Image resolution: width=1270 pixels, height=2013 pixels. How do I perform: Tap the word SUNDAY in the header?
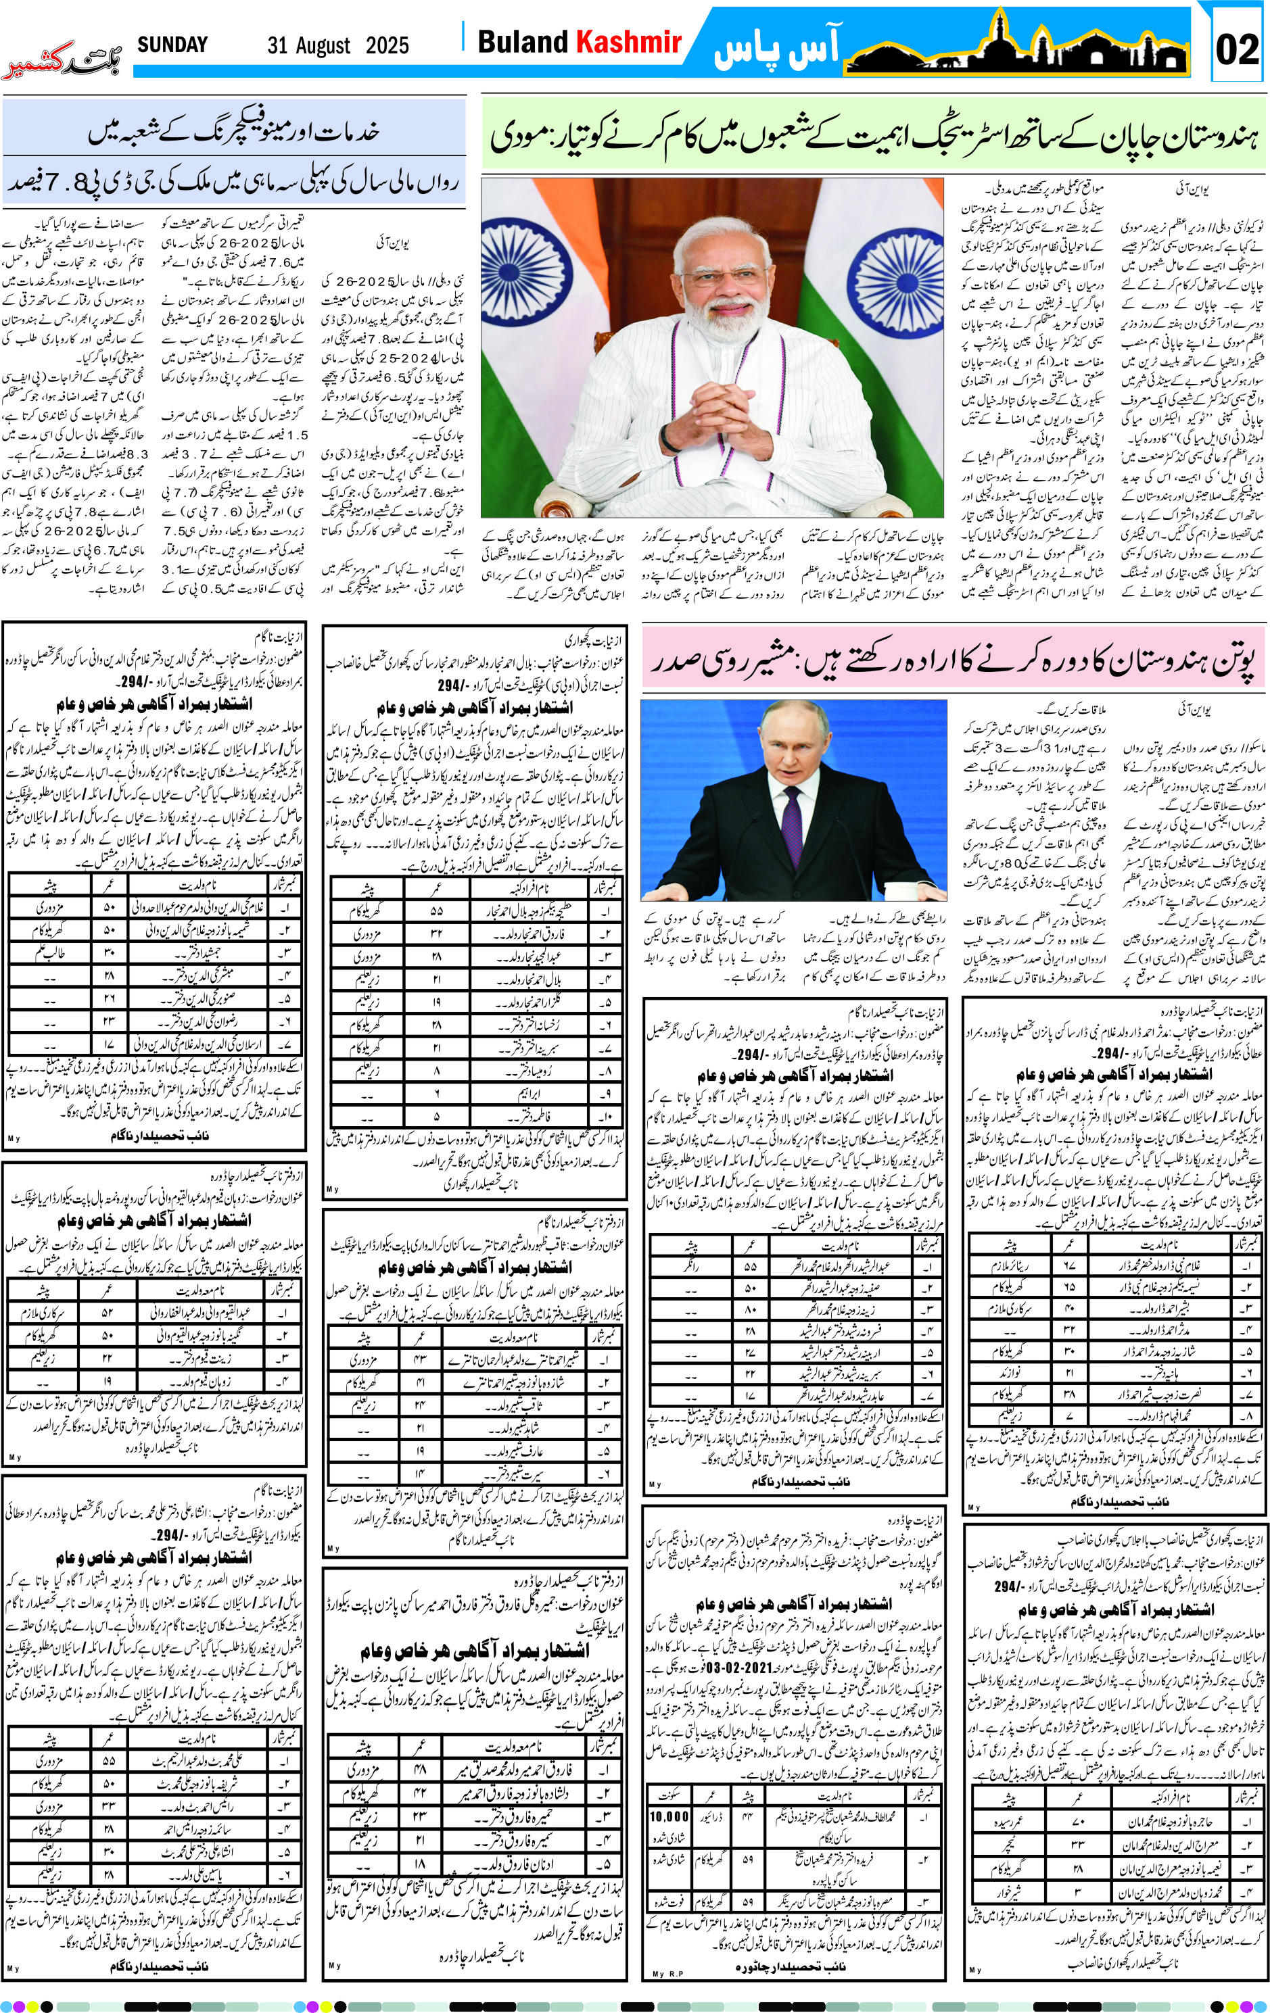[x=172, y=45]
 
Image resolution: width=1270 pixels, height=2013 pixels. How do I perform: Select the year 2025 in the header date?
[x=387, y=45]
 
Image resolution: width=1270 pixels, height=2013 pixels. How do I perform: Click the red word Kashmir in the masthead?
[x=628, y=42]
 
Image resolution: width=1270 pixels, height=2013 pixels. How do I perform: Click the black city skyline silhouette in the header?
[x=1016, y=52]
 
